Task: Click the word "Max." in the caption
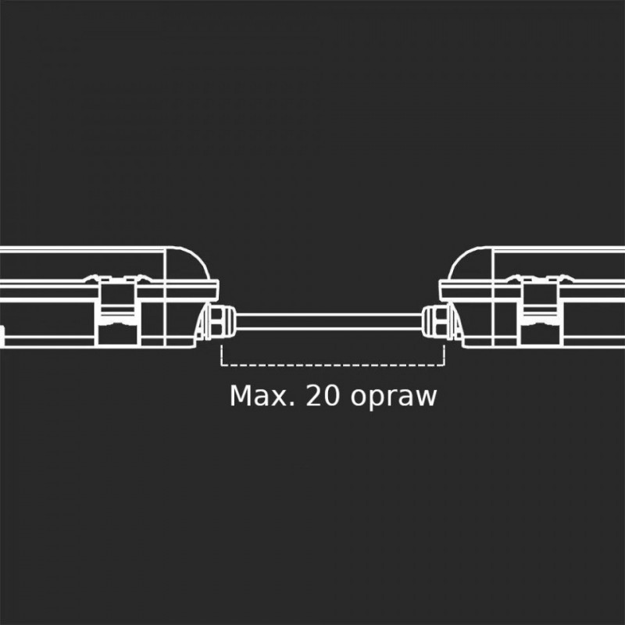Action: [262, 396]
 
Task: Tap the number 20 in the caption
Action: [323, 396]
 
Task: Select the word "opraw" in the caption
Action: [394, 398]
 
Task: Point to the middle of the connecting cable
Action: [329, 322]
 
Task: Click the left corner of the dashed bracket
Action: [221, 364]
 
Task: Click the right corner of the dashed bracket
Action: [444, 364]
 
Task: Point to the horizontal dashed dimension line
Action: [333, 364]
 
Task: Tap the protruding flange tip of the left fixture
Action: [218, 290]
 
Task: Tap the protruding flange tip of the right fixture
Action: [440, 290]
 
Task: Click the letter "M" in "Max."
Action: [240, 396]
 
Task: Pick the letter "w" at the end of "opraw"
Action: [427, 398]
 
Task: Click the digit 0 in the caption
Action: [331, 396]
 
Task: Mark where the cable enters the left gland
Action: [237, 322]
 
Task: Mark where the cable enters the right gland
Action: [422, 322]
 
